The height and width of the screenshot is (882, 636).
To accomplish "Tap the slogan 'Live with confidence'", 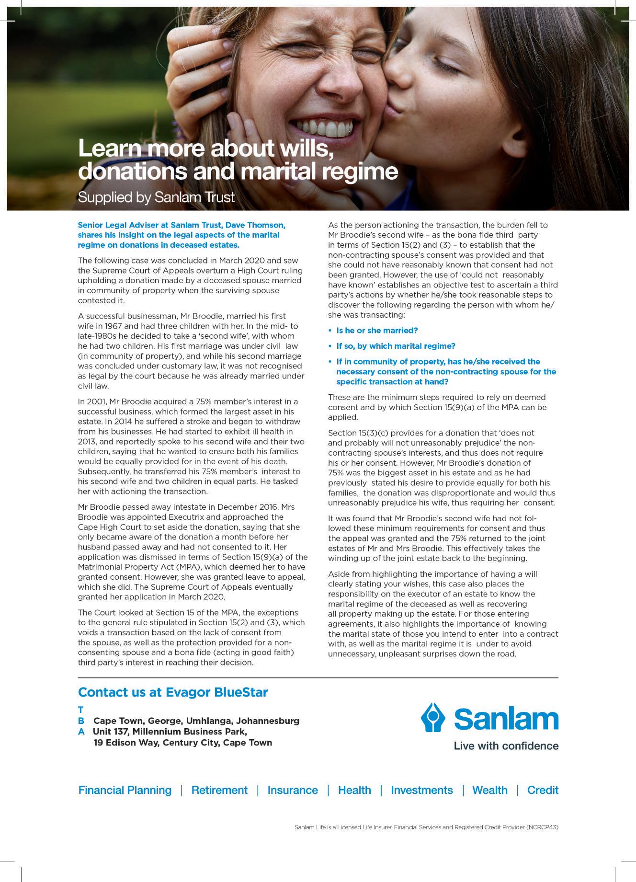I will (x=506, y=745).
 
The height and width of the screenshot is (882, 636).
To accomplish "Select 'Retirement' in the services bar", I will (x=219, y=790).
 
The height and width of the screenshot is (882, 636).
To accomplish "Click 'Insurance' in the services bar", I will (x=293, y=790).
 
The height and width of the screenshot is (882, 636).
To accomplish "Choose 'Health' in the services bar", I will (x=354, y=790).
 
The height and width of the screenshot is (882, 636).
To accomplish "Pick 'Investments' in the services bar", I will (x=421, y=790).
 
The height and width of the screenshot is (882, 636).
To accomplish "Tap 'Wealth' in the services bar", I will (x=489, y=790).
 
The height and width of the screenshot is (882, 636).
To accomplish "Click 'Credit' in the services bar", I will (x=543, y=790).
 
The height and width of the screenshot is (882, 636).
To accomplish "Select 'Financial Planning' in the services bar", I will (x=125, y=790).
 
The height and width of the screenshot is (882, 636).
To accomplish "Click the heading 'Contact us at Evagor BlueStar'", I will (x=173, y=692).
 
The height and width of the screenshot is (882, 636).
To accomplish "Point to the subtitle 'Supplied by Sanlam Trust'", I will (x=156, y=197).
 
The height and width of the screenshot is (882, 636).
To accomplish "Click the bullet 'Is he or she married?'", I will (x=377, y=331).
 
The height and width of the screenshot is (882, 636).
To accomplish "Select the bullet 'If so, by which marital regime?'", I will (x=396, y=346).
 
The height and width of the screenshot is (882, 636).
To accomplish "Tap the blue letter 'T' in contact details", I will (x=80, y=710).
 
